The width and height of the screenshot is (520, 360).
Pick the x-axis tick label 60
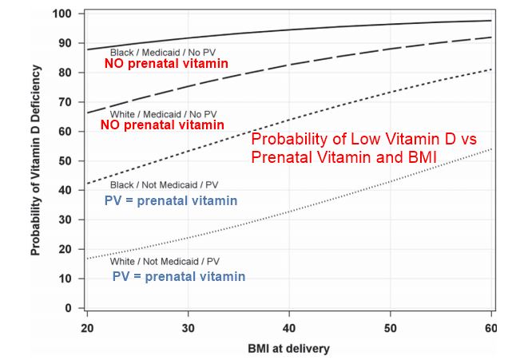(490, 328)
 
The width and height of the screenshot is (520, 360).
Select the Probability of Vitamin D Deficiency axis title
(36, 160)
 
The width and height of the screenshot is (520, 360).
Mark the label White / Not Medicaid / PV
(165, 261)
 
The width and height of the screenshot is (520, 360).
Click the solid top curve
(320, 28)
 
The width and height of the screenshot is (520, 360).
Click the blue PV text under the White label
(121, 276)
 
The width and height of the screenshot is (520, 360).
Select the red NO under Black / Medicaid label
(117, 62)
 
